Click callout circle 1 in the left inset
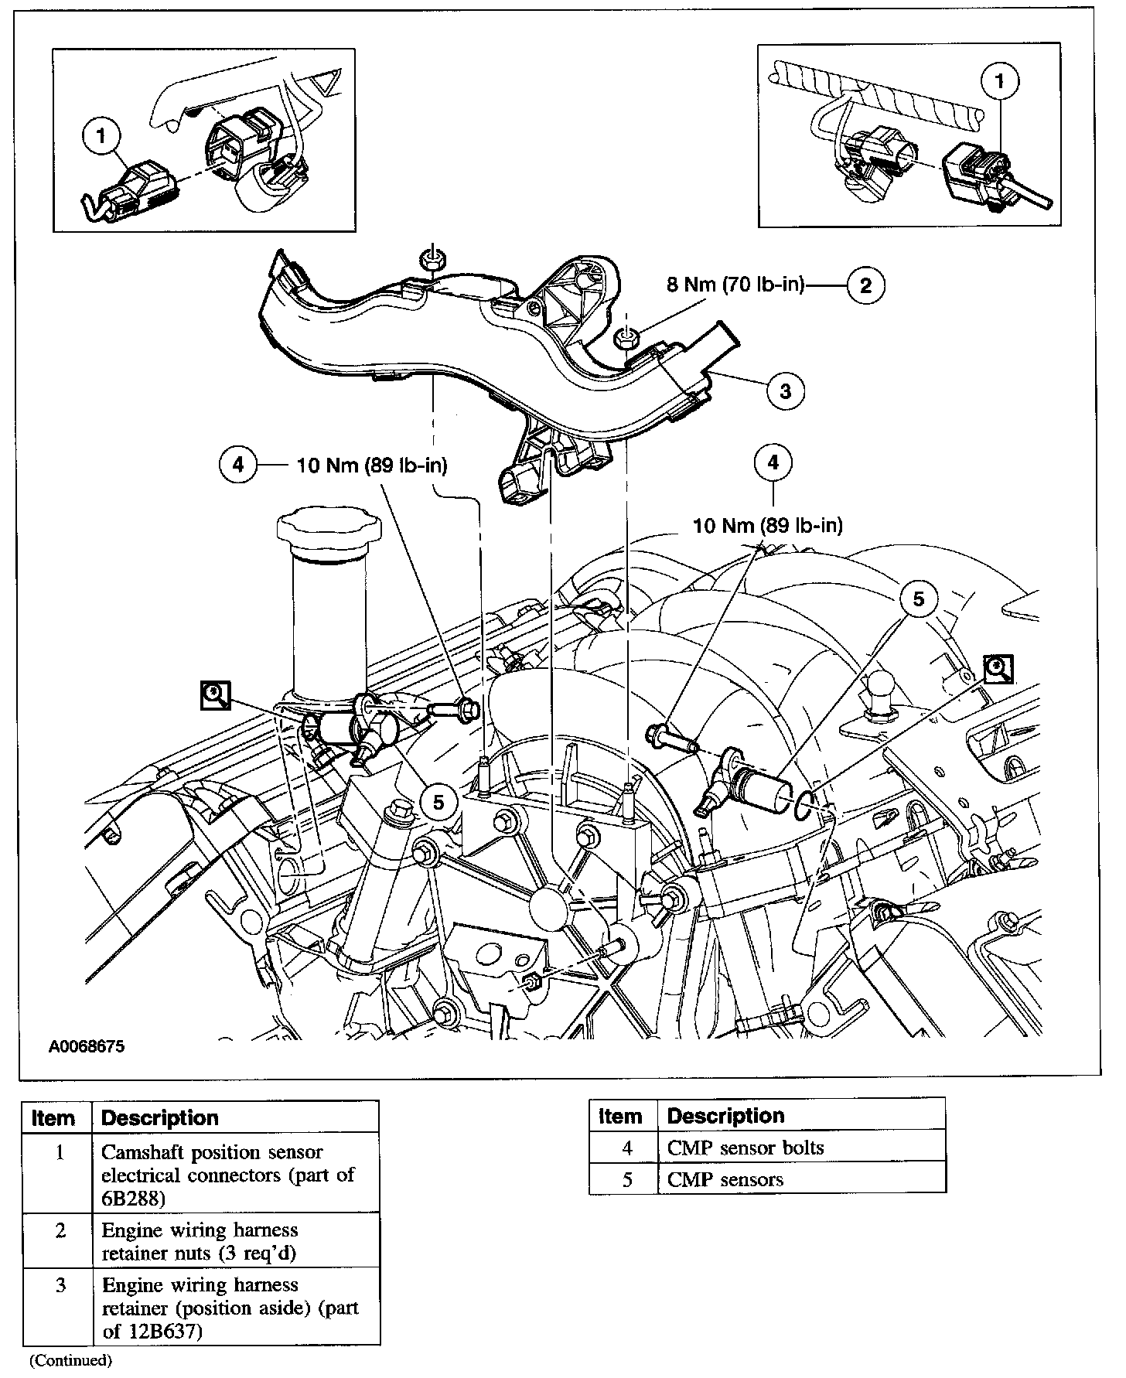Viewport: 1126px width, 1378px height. (101, 137)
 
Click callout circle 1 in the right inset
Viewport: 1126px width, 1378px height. (1000, 81)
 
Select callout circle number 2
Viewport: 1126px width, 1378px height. (865, 285)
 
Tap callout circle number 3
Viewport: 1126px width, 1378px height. (786, 391)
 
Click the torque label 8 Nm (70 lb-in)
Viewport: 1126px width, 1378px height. (735, 285)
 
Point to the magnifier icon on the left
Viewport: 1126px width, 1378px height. (214, 696)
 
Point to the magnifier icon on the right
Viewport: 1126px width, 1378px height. (998, 669)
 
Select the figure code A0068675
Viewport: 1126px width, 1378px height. (87, 1047)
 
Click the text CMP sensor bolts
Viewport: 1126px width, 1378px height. (746, 1148)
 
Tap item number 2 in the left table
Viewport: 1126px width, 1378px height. (60, 1230)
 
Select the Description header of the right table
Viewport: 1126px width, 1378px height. (725, 1116)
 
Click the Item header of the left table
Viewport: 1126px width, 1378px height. (54, 1118)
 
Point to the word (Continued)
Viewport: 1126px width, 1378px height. (70, 1360)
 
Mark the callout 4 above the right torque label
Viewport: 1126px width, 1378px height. (773, 463)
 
